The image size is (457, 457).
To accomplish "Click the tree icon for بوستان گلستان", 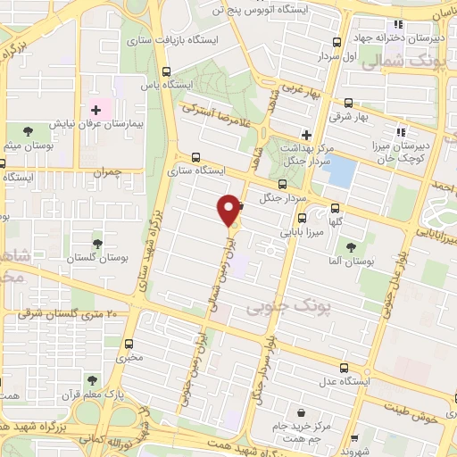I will point(97,242).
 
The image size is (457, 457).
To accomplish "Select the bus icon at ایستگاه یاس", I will point(167,71).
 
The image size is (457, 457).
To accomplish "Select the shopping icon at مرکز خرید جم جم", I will point(302,413).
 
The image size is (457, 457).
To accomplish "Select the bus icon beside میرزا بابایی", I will point(303,217).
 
